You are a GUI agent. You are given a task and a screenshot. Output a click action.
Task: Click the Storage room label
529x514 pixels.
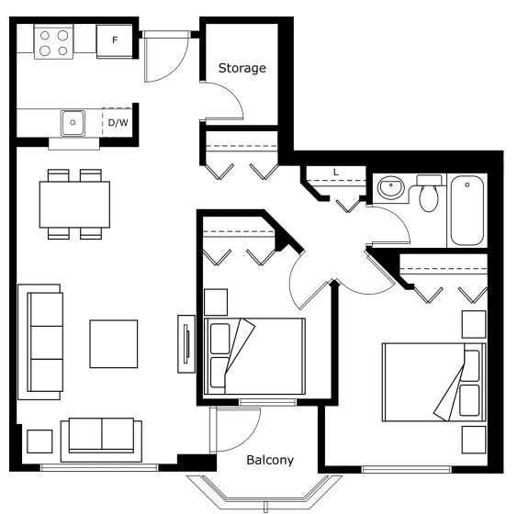pos(242,68)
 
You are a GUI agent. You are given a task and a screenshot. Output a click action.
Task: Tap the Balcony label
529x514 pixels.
pos(270,460)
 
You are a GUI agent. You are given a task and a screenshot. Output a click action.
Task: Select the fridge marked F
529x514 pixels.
pos(115,41)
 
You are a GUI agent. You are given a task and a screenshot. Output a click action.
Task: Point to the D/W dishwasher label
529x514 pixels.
pos(118,122)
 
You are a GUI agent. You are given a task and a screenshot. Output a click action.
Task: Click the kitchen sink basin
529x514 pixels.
pos(73,123)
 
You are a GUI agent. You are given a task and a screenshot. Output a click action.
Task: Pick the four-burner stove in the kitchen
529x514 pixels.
pos(53,42)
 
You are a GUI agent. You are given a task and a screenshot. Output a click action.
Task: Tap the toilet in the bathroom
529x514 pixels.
pos(429,193)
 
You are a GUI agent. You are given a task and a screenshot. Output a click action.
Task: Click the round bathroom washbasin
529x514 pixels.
pos(390,187)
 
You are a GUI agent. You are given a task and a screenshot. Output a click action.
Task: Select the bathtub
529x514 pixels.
pos(467,210)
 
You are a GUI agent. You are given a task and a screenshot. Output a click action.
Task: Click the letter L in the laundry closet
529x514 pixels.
pos(336,173)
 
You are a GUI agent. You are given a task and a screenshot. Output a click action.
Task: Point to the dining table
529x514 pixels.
pos(74,205)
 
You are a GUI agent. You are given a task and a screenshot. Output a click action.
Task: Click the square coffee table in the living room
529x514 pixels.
pos(113,343)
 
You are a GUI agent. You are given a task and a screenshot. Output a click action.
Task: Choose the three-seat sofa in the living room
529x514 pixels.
pos(40,342)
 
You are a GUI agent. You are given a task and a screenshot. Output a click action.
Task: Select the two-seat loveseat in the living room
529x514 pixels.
pos(101,441)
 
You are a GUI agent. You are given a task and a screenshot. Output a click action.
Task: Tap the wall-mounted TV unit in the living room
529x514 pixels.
pos(186,344)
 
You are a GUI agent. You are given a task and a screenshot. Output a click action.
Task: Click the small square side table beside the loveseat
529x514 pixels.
pos(39,441)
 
